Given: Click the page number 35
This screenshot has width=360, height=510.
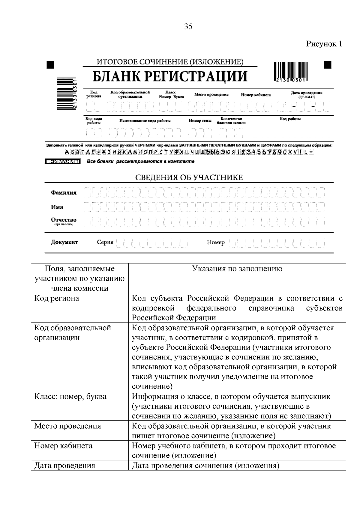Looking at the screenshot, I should pyautogui.click(x=188, y=26).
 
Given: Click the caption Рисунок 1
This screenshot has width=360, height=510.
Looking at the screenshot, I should pyautogui.click(x=324, y=44).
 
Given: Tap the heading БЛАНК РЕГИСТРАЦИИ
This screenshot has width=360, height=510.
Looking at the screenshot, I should pyautogui.click(x=170, y=76).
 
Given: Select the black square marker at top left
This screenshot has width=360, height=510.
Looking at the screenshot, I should pyautogui.click(x=50, y=65).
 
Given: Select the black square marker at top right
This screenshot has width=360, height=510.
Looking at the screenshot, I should pyautogui.click(x=328, y=65).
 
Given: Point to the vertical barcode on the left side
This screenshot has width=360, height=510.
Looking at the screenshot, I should pyautogui.click(x=65, y=93).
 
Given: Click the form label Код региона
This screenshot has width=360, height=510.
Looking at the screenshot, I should pyautogui.click(x=94, y=94).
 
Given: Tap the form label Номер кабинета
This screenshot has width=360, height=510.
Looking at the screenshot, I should pyautogui.click(x=256, y=95).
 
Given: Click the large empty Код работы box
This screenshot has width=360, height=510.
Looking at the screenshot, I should pyautogui.click(x=290, y=131).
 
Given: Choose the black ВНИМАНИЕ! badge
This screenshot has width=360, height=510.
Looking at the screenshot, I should pyautogui.click(x=63, y=161).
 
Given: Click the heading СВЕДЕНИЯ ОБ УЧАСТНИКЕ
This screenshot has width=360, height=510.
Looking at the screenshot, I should pyautogui.click(x=189, y=178).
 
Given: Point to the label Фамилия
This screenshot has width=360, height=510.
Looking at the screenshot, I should pyautogui.click(x=64, y=193).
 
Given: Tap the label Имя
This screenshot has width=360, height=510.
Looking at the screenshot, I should pyautogui.click(x=57, y=207).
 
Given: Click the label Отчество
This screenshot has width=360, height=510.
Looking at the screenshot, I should pyautogui.click(x=64, y=220).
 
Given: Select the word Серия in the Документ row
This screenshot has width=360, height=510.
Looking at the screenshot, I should pyautogui.click(x=105, y=242).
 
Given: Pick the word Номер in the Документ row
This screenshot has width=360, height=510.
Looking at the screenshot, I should pyautogui.click(x=215, y=242).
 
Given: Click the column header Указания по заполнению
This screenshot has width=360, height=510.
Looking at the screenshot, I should pyautogui.click(x=237, y=269).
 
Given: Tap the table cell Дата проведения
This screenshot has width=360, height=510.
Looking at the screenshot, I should pyautogui.click(x=64, y=466).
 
